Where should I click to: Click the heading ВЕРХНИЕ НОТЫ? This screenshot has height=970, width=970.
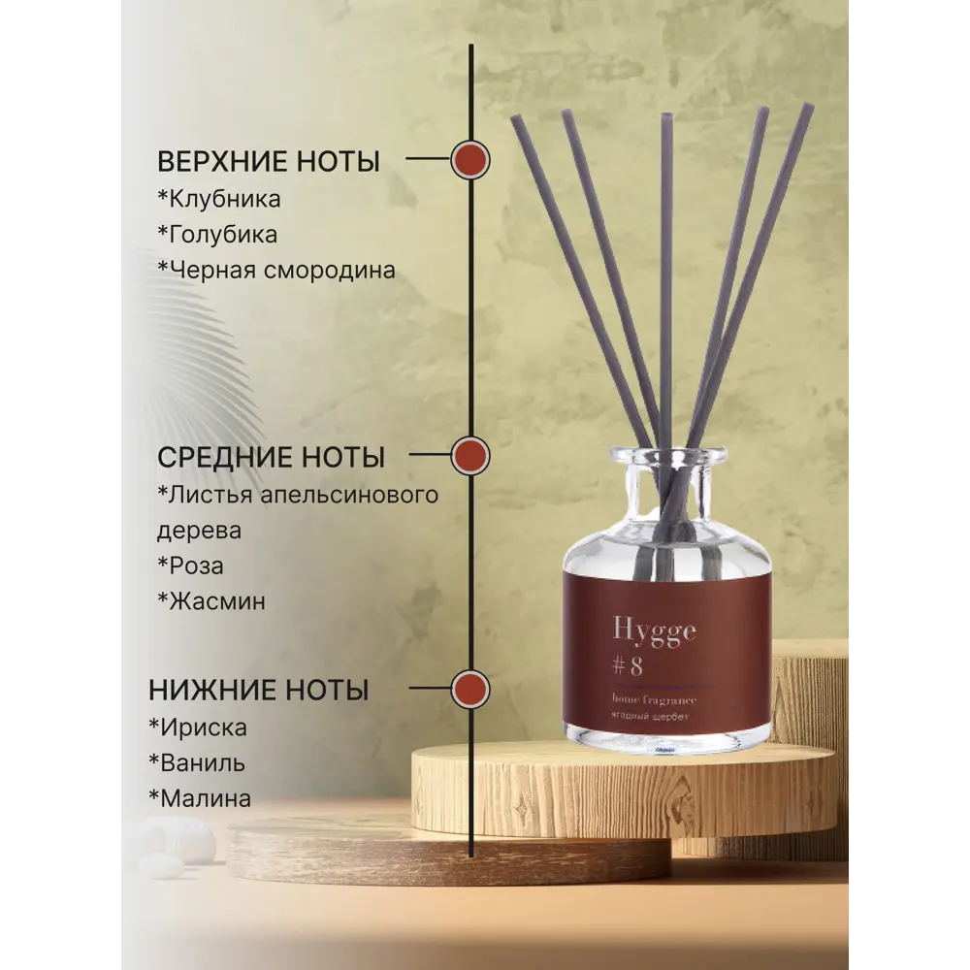[268, 161]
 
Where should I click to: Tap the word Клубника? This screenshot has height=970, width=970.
[224, 199]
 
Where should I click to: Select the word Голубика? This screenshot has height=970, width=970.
[222, 235]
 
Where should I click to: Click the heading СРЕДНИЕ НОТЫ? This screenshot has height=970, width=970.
[271, 457]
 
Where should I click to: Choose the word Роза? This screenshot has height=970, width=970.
[196, 566]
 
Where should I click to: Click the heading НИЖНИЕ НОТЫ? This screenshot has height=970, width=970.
[259, 691]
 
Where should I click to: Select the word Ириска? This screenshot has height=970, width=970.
[203, 727]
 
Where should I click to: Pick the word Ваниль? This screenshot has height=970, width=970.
[202, 762]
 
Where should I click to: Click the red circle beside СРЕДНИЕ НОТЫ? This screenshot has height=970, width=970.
[470, 455]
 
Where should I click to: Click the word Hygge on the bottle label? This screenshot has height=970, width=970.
[654, 630]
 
